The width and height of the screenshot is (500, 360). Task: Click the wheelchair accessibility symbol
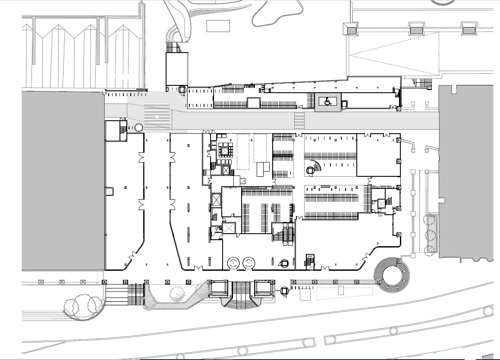pyautogui.click(x=327, y=102)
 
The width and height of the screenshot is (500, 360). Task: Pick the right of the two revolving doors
pyautogui.click(x=248, y=263)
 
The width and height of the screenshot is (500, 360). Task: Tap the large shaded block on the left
pyautogui.click(x=63, y=180)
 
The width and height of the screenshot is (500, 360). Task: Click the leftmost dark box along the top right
pyautogui.click(x=352, y=31)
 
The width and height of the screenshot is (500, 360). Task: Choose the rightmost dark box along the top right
pyautogui.click(x=469, y=31)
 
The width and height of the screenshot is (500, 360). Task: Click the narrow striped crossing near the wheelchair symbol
pyautogui.click(x=299, y=120)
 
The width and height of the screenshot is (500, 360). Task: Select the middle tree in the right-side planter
pyautogui.click(x=431, y=235)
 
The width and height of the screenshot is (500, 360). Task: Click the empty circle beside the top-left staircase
pyautogui.click(x=139, y=128)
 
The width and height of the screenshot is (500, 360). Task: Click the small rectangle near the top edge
pyautogui.click(x=218, y=26)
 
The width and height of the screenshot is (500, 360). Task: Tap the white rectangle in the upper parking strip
pyautogui.click(x=253, y=103)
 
